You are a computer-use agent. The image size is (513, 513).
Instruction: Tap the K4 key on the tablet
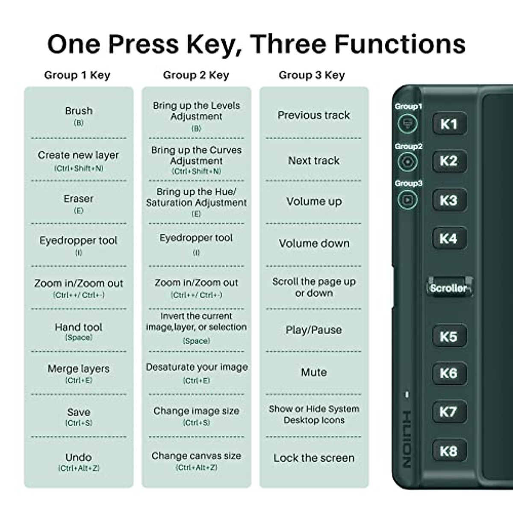[448, 239]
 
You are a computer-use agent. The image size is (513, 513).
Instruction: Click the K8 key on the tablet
[448, 451]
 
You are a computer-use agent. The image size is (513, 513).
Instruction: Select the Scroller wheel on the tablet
[449, 288]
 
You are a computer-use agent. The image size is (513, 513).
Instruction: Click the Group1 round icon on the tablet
[407, 124]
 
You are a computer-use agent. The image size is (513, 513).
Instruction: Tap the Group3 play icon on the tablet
[407, 200]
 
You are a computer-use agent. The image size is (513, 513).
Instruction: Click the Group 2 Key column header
[196, 75]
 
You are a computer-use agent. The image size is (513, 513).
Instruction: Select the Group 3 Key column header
[312, 75]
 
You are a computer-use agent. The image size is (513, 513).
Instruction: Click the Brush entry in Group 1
[79, 111]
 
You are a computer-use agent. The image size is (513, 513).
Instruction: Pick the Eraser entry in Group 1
[79, 199]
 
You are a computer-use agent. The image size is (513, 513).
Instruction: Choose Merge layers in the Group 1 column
[79, 369]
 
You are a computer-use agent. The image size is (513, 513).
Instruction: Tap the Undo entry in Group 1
[79, 457]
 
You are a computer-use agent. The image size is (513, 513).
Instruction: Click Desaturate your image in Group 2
[197, 368]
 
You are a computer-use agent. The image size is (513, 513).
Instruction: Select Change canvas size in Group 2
[196, 456]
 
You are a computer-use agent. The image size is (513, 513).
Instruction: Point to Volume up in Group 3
[314, 202]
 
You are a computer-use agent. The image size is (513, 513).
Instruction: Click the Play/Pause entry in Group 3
[314, 330]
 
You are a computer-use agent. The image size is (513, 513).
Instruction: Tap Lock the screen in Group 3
[314, 458]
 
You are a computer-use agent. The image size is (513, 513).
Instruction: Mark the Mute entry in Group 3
[314, 372]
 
